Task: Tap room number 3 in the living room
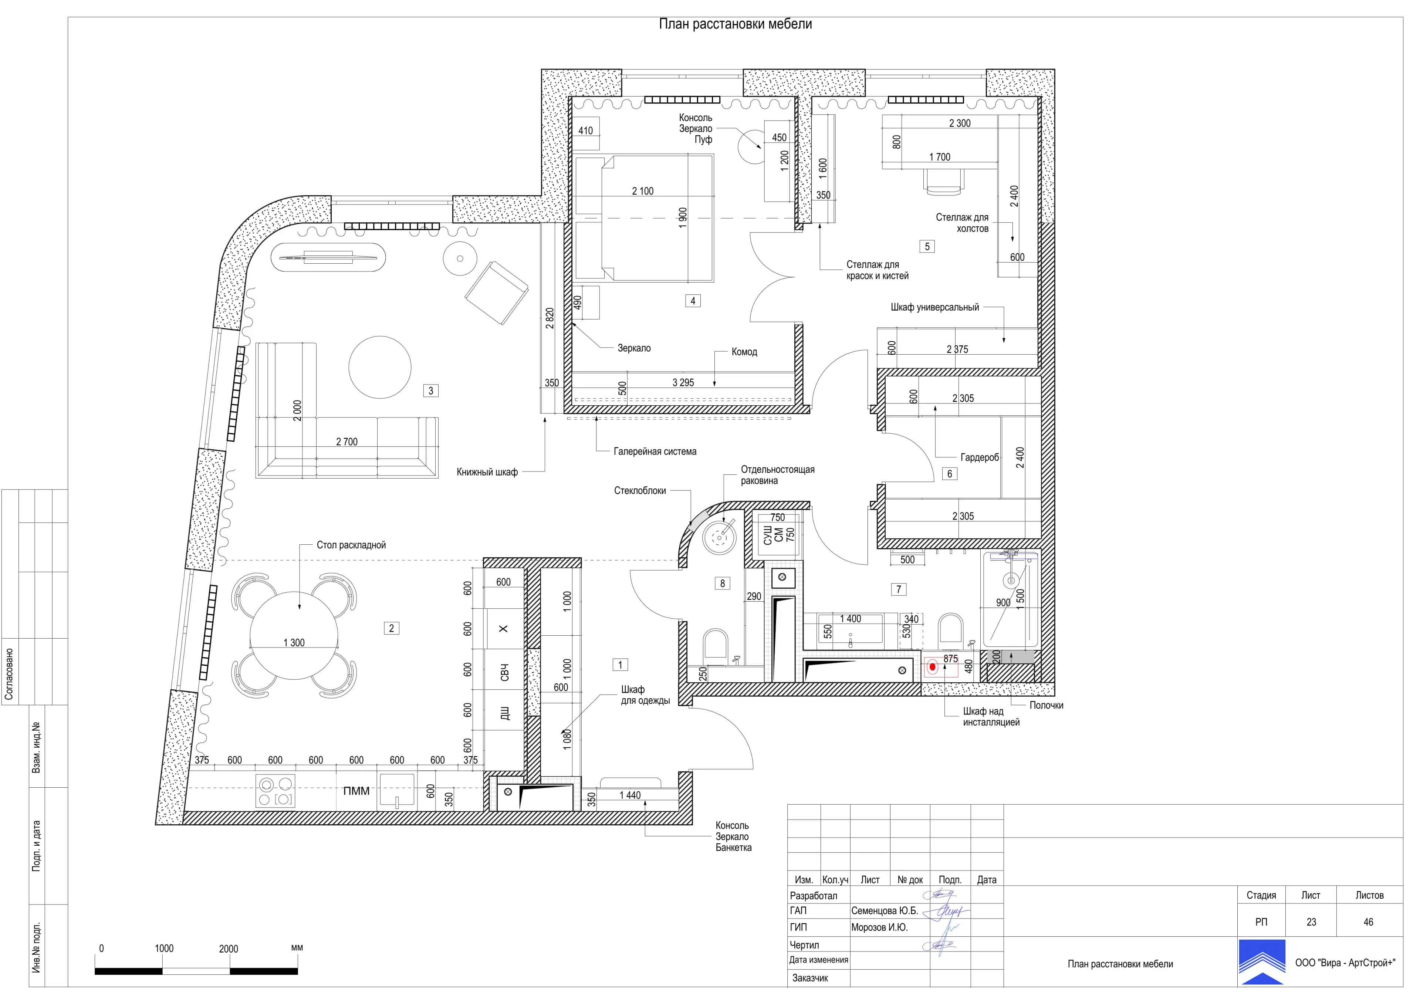(x=431, y=391)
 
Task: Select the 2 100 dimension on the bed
(x=643, y=191)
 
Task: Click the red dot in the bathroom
(x=932, y=667)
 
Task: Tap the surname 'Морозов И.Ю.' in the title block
(x=879, y=927)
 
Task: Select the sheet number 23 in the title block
(x=1311, y=922)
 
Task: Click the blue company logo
(x=1262, y=962)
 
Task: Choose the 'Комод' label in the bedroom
(x=744, y=352)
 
